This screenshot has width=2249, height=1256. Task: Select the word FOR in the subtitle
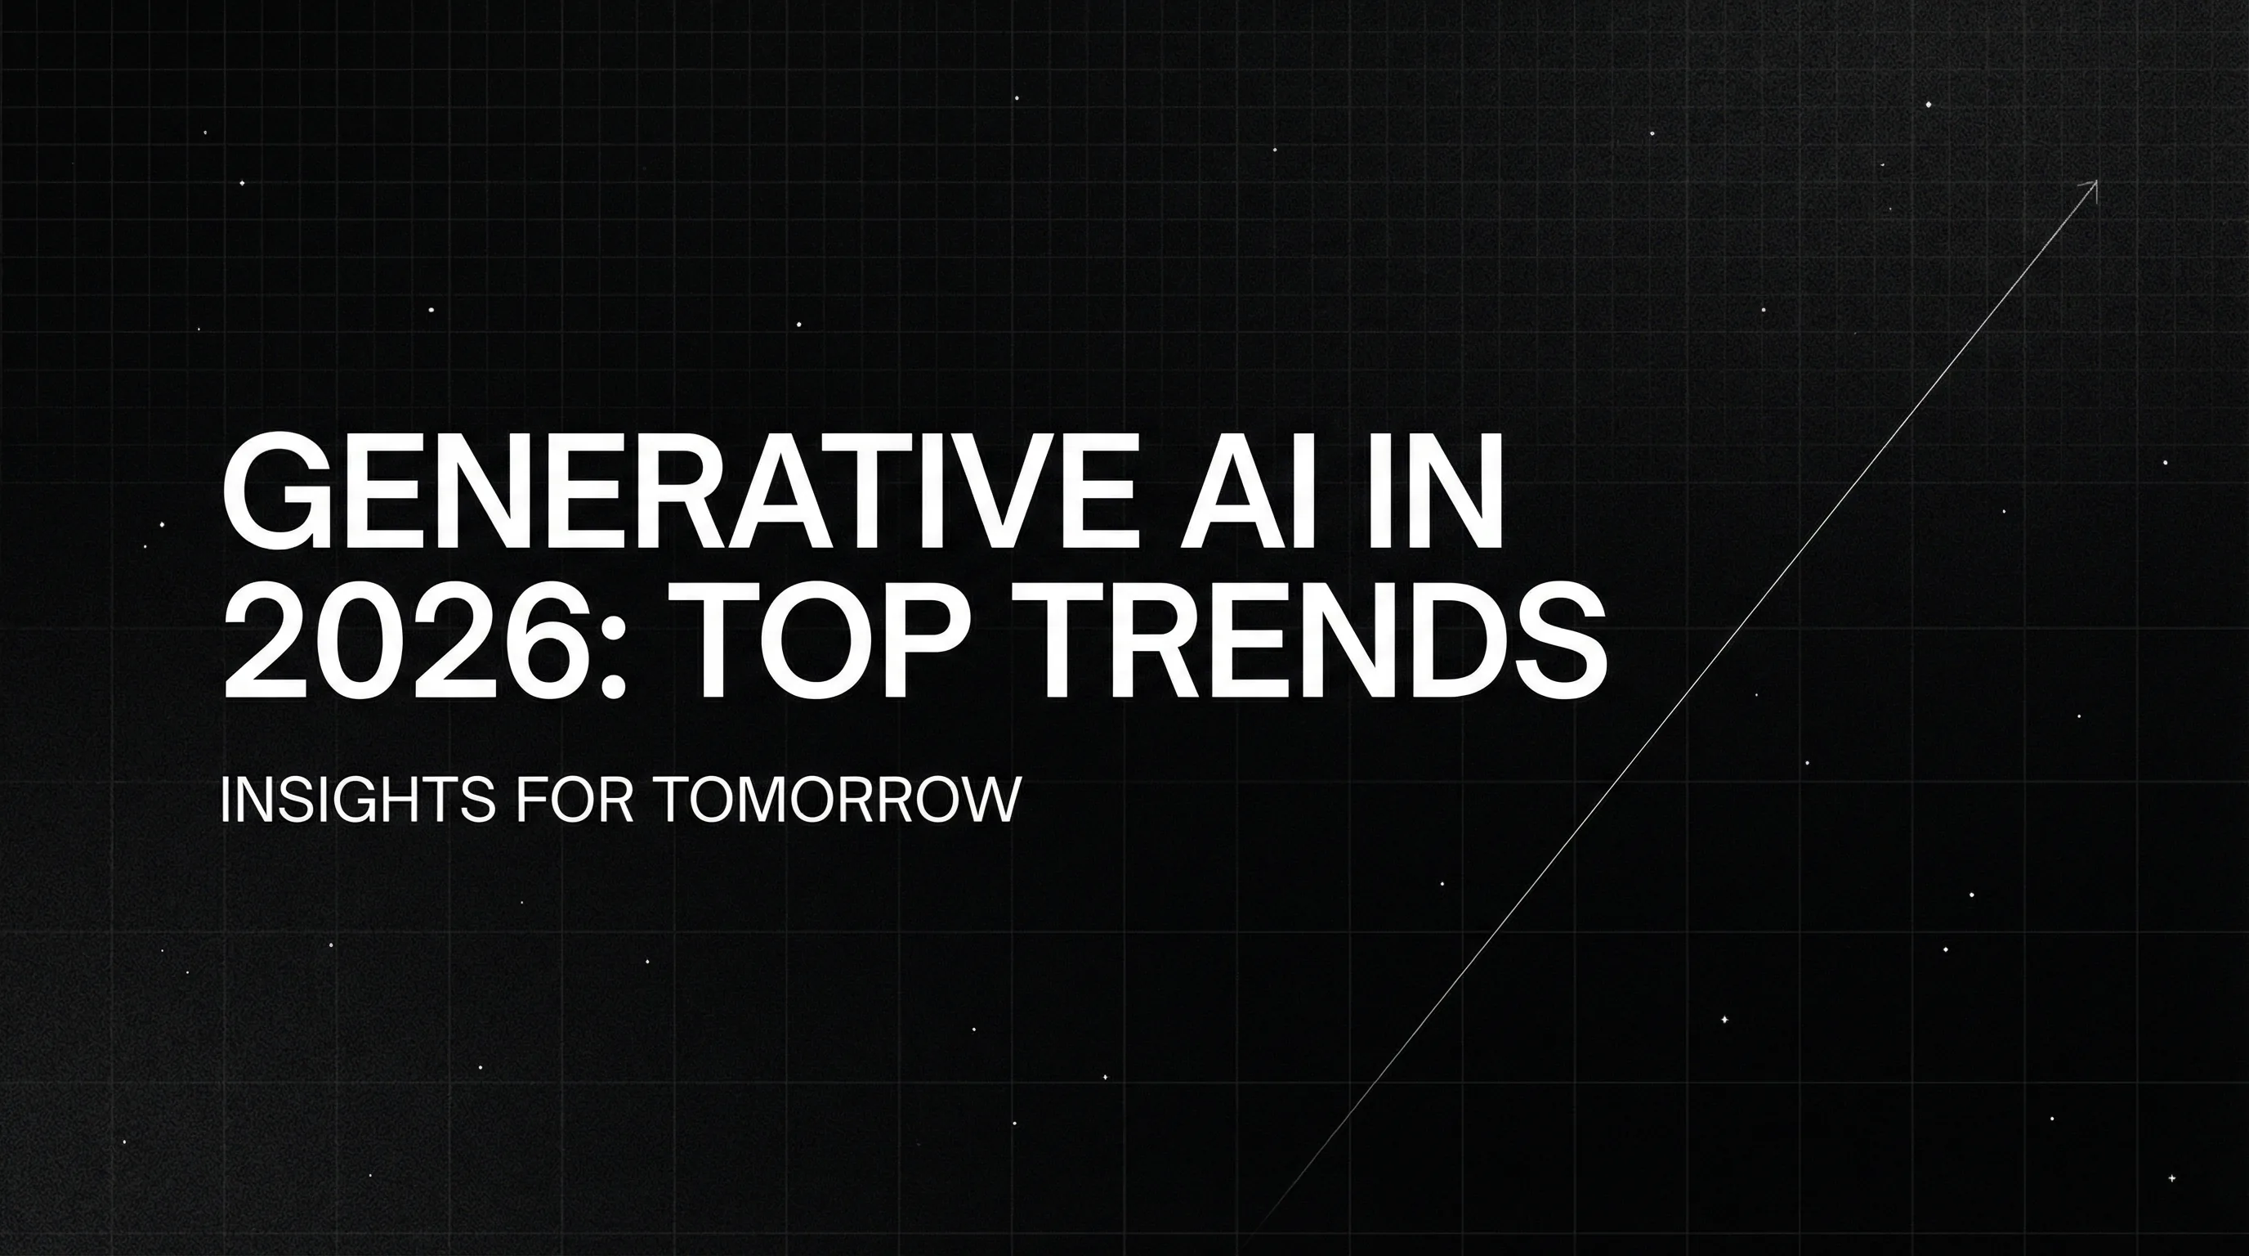click(x=574, y=800)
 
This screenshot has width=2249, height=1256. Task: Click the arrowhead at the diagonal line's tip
click(x=2091, y=186)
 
